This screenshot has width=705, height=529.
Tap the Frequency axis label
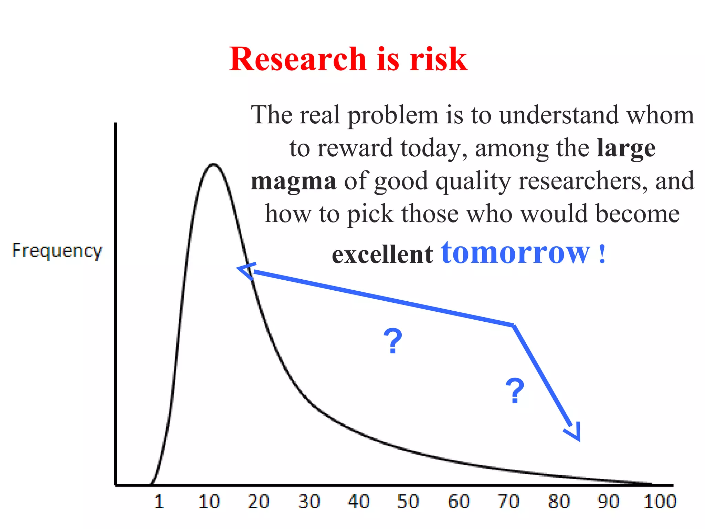tap(57, 251)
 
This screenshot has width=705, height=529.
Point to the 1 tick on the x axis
tap(159, 501)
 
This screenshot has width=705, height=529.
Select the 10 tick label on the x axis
tap(209, 501)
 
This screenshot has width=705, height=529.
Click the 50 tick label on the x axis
tap(408, 501)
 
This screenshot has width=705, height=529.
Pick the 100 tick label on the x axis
tap(660, 501)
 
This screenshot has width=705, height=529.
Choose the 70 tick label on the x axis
tap(509, 501)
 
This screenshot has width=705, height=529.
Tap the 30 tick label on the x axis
tap(309, 501)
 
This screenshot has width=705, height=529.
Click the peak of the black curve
tap(213, 165)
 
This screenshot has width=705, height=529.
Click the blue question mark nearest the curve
tap(393, 341)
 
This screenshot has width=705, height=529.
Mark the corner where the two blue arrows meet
tap(513, 325)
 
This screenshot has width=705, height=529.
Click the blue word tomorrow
tap(516, 253)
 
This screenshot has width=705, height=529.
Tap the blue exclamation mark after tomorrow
tap(602, 254)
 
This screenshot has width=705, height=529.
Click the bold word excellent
tap(382, 255)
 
